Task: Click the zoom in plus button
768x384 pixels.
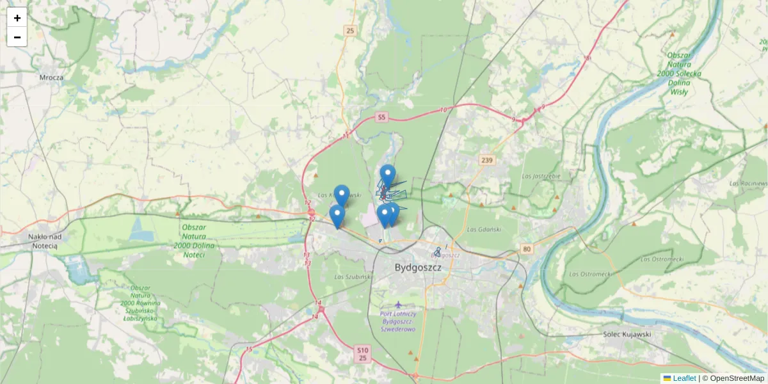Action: [x=17, y=18]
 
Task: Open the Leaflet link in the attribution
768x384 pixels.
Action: [x=684, y=378]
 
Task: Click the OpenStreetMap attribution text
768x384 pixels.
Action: [x=733, y=378]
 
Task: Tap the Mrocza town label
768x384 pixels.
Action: [x=51, y=78]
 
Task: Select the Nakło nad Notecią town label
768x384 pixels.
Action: [x=43, y=241]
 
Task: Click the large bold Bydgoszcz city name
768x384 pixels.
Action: [x=419, y=268]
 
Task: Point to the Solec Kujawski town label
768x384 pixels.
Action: [x=627, y=334]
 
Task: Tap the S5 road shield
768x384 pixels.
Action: [x=381, y=117]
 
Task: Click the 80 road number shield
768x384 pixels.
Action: [x=526, y=248]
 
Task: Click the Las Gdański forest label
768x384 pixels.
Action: [x=483, y=229]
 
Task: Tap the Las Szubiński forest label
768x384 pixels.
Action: [x=353, y=276]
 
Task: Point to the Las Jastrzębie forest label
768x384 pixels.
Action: [x=541, y=175]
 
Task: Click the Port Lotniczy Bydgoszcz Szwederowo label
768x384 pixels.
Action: [x=399, y=321]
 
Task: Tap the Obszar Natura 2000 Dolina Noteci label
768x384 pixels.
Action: [x=202, y=241]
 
